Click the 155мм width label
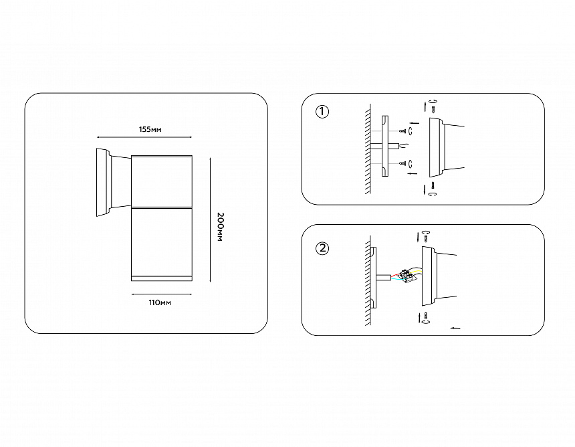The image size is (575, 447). pyautogui.click(x=150, y=129)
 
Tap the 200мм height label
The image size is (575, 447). pyautogui.click(x=220, y=227)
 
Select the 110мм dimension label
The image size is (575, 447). pyautogui.click(x=160, y=302)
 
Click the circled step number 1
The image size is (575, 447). pyautogui.click(x=322, y=112)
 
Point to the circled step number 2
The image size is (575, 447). pyautogui.click(x=322, y=248)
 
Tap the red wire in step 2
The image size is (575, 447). pyautogui.click(x=396, y=274)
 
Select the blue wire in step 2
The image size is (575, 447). pyautogui.click(x=396, y=279)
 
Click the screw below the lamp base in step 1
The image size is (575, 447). pyautogui.click(x=433, y=185)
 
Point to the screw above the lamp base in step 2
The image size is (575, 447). pyautogui.click(x=426, y=238)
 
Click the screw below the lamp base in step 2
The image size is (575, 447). pyautogui.click(x=426, y=315)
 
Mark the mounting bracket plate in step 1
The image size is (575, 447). pyautogui.click(x=384, y=146)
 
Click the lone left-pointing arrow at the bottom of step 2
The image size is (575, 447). pyautogui.click(x=455, y=328)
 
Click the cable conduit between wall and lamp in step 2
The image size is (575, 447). pyautogui.click(x=382, y=277)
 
